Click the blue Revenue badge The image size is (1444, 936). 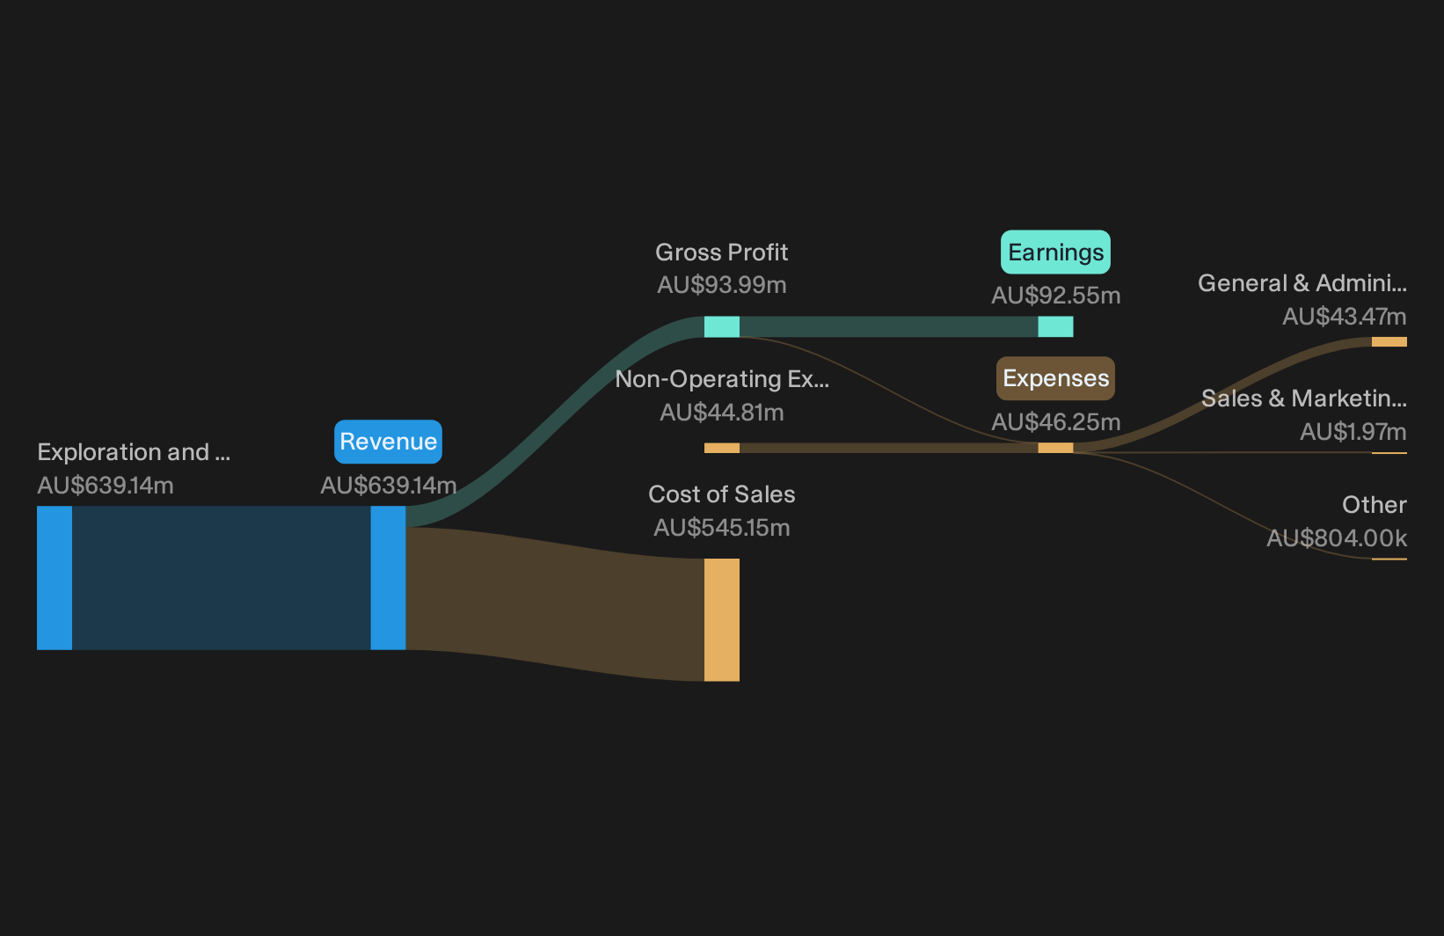pos(388,442)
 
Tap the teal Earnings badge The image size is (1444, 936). pos(1055,252)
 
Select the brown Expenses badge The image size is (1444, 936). pos(1055,378)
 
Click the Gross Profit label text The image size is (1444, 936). pos(721,252)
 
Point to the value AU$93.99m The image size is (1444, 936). pos(721,285)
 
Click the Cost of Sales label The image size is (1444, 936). pos(721,494)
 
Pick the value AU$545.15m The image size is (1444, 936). pos(721,528)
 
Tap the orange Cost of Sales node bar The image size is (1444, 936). pos(721,620)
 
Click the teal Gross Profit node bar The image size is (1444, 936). pos(721,326)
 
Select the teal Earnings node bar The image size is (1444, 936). pos(1055,326)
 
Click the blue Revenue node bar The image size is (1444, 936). pos(388,578)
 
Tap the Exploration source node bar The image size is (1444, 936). pos(55,578)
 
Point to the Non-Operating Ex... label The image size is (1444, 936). pos(722,378)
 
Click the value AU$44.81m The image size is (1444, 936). pos(721,413)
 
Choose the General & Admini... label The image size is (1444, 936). pos(1302,283)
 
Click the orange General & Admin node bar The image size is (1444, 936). pos(1389,342)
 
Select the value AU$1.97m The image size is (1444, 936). pos(1353,432)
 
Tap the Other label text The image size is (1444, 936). pos(1375,504)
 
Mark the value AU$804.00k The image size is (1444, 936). pos(1337,538)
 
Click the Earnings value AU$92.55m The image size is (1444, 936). pos(1055,296)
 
